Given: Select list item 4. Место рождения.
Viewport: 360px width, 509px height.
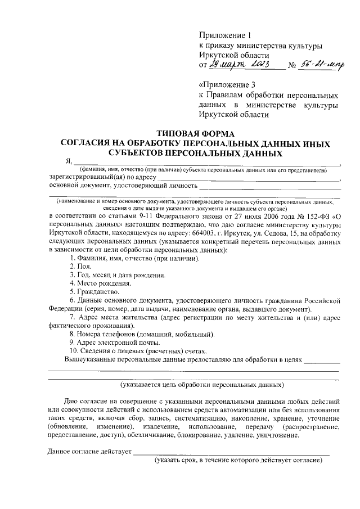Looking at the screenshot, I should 100,283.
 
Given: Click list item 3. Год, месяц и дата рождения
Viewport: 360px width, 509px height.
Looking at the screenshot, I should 117,275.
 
